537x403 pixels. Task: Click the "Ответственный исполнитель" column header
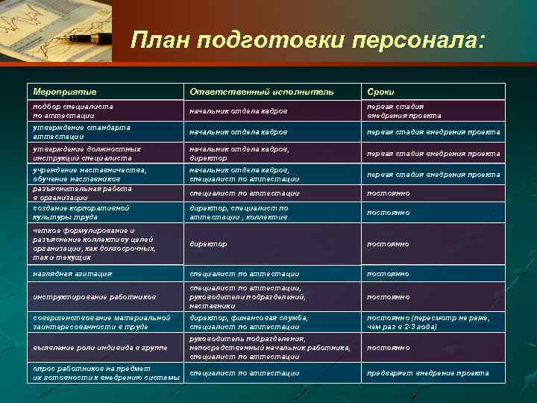click(x=261, y=91)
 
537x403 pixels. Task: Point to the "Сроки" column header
click(x=380, y=91)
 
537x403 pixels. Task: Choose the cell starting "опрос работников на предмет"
click(x=104, y=372)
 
